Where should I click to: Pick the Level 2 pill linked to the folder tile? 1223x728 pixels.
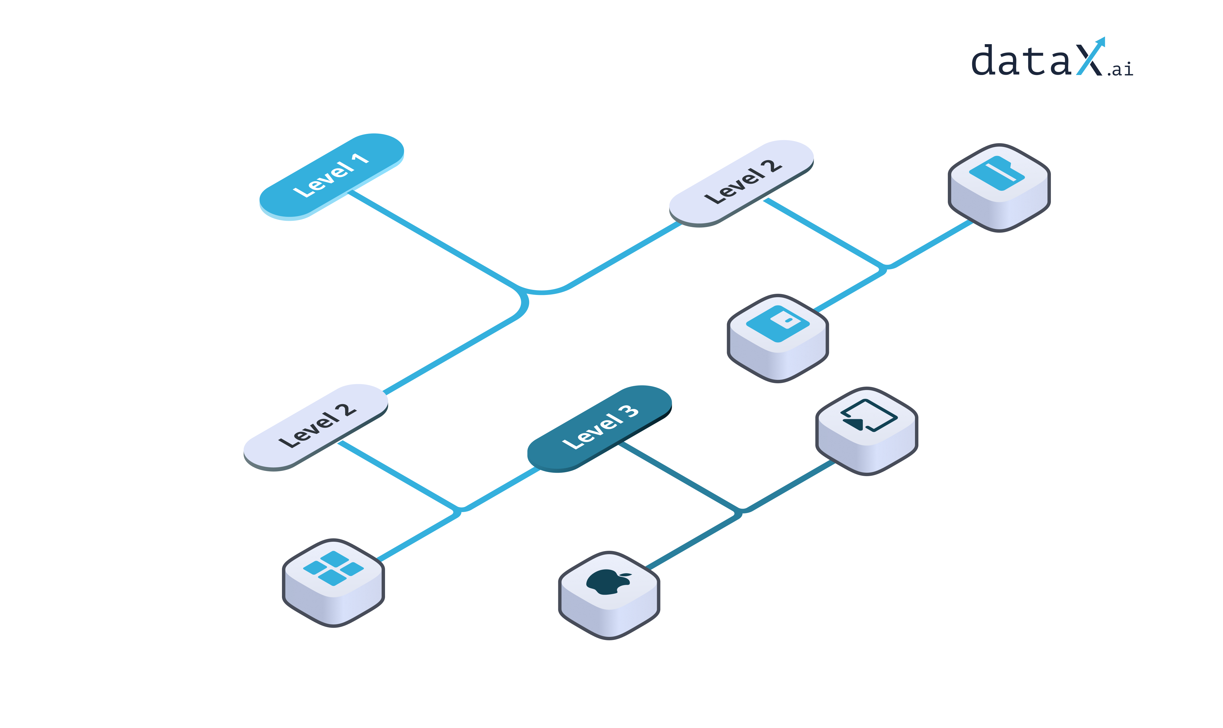pyautogui.click(x=741, y=183)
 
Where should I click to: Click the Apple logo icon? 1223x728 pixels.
pyautogui.click(x=607, y=582)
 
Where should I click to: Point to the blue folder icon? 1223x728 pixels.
pyautogui.click(x=996, y=173)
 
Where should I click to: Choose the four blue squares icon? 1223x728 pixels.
pyautogui.click(x=333, y=568)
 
